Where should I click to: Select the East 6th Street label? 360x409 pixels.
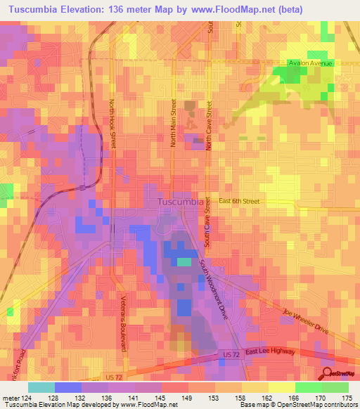click(x=238, y=201)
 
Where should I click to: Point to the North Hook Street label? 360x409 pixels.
click(x=112, y=123)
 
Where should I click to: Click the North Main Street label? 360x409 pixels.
click(x=173, y=123)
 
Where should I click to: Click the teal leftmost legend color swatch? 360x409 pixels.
click(x=41, y=387)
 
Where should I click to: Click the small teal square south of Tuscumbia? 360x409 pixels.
click(x=183, y=262)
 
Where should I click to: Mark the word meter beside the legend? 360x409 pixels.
click(x=10, y=398)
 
